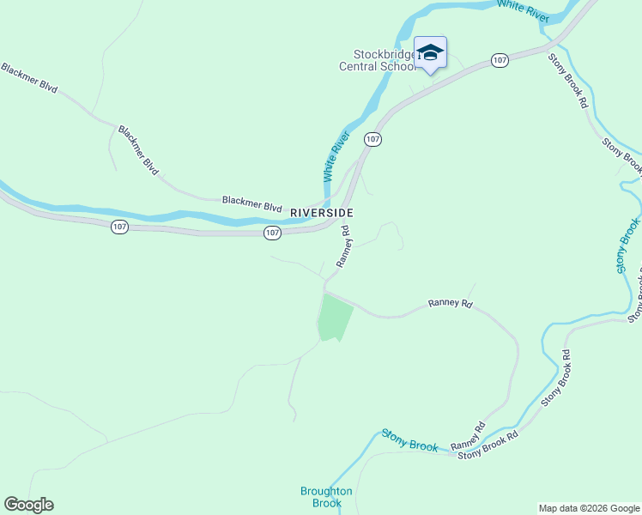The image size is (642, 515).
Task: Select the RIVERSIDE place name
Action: tap(322, 212)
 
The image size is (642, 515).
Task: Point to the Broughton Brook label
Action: tap(326, 497)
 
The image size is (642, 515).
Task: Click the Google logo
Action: tap(28, 505)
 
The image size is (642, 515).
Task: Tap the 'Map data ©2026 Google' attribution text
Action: tap(589, 508)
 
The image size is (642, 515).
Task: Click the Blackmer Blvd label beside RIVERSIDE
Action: tap(252, 203)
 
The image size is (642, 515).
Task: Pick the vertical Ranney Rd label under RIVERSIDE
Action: tap(344, 247)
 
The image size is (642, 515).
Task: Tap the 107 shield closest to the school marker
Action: tap(500, 60)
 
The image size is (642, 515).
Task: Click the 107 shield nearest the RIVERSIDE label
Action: tap(272, 233)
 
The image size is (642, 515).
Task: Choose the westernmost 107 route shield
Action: tap(119, 227)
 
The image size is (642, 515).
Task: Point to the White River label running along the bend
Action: tap(336, 154)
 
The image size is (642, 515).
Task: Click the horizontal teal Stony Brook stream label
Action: tap(410, 440)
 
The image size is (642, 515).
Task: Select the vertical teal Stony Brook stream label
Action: tap(628, 246)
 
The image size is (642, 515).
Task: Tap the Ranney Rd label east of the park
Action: tap(451, 304)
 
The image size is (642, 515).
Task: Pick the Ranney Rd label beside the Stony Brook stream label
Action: tap(468, 435)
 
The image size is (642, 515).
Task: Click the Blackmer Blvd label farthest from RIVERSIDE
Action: tap(28, 77)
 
